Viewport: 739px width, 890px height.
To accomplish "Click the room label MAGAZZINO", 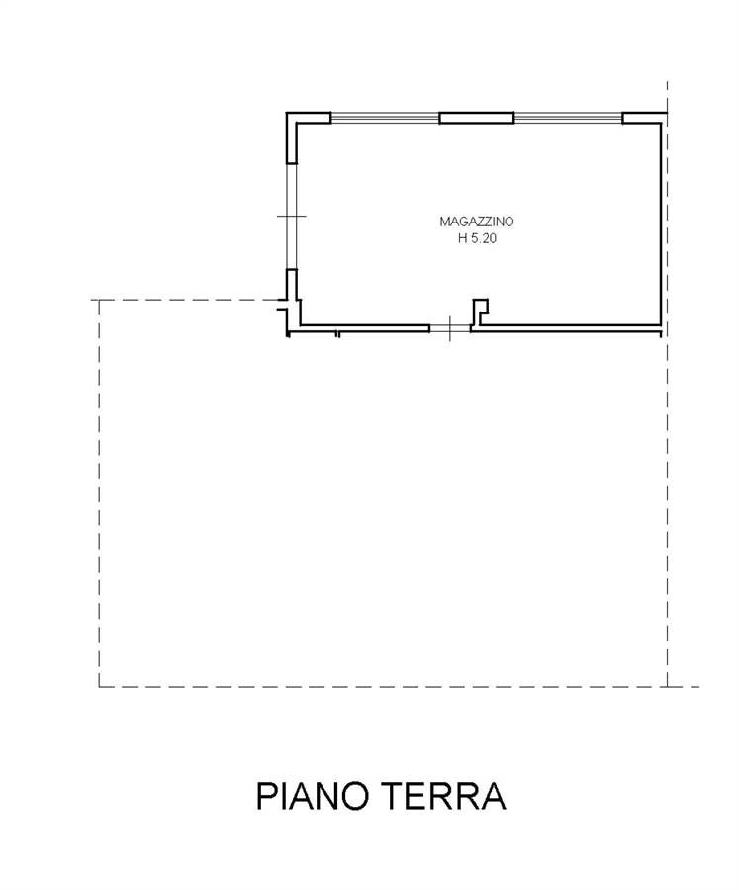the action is pyautogui.click(x=477, y=222).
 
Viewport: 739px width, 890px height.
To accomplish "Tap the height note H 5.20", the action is pyautogui.click(x=477, y=238).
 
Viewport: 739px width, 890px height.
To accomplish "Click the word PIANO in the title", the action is pyautogui.click(x=312, y=796).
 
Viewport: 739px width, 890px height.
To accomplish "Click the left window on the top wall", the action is pyautogui.click(x=385, y=118).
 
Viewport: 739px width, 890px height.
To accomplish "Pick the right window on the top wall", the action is pyautogui.click(x=568, y=118).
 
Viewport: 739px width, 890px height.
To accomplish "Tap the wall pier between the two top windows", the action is pyautogui.click(x=477, y=118).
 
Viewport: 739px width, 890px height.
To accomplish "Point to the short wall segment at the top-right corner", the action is pyautogui.click(x=644, y=118).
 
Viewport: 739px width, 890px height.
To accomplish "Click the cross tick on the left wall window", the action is pyautogui.click(x=292, y=216).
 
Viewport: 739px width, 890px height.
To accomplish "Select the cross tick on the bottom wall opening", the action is pyautogui.click(x=450, y=328).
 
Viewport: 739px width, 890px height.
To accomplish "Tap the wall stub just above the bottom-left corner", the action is pyautogui.click(x=292, y=284).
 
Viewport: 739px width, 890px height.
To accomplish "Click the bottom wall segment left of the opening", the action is pyautogui.click(x=364, y=327).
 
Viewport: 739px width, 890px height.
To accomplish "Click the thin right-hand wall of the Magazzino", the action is pyautogui.click(x=660, y=224).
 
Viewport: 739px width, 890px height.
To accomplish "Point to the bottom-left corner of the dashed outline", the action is pyautogui.click(x=99, y=687).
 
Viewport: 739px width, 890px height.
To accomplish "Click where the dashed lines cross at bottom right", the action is pyautogui.click(x=668, y=687).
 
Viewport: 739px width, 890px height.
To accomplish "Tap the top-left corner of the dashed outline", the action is pyautogui.click(x=99, y=300).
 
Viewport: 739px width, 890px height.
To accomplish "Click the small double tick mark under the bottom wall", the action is pyautogui.click(x=337, y=334).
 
